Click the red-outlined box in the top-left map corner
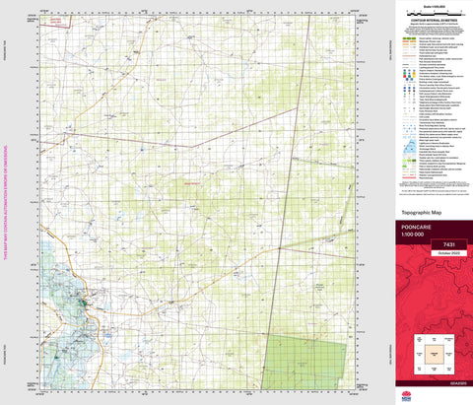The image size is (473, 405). tap(56, 20)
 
